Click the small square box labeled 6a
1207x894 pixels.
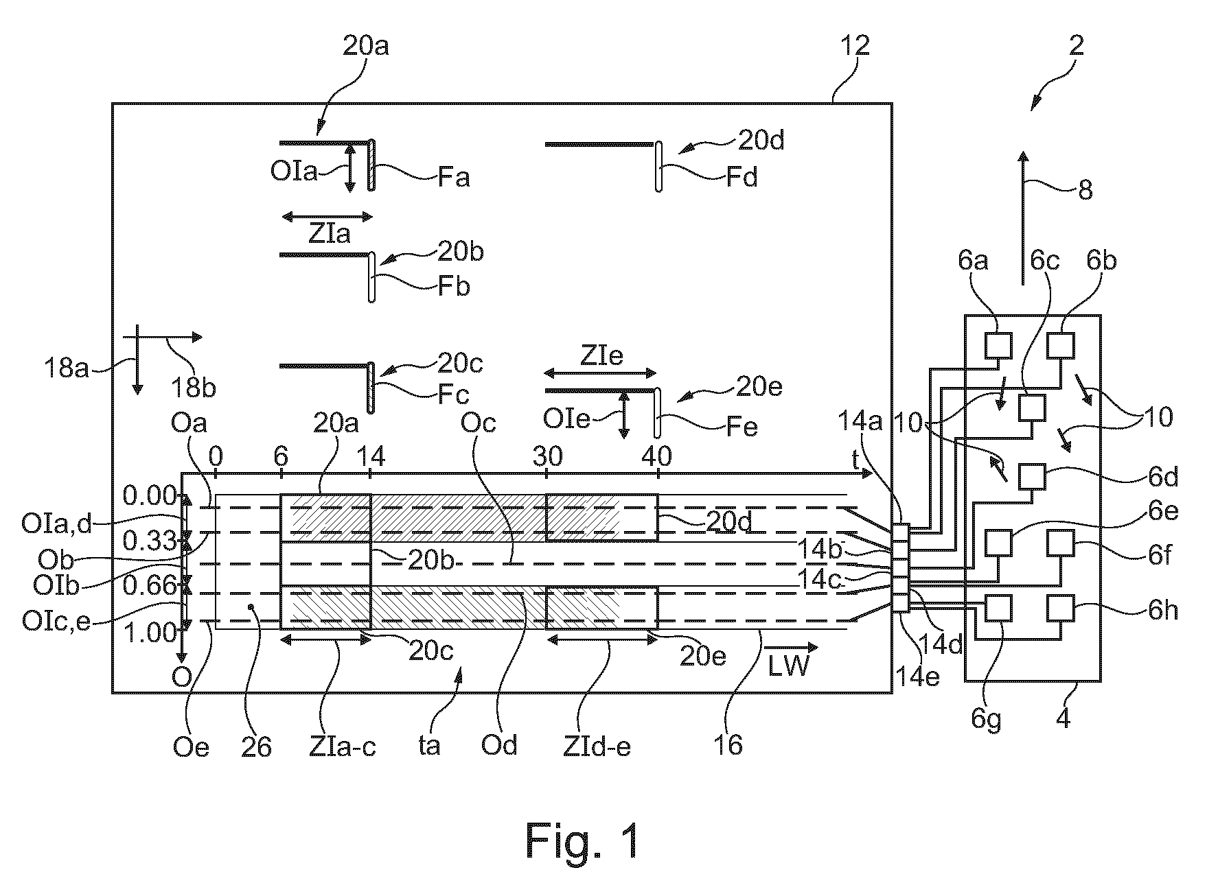[x=999, y=345]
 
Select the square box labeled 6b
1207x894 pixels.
[x=1061, y=345]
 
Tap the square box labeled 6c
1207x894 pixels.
[x=1031, y=408]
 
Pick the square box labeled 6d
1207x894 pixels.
[x=1031, y=476]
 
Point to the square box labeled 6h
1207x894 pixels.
[x=1061, y=607]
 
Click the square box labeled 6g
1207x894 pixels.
[x=999, y=607]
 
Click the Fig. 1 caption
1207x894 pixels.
[x=583, y=840]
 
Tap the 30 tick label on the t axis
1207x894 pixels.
[x=547, y=456]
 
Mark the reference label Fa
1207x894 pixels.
[x=454, y=178]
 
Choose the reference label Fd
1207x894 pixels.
[x=742, y=178]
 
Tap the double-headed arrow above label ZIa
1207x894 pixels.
[x=327, y=217]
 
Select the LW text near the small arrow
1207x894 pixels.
[x=788, y=666]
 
